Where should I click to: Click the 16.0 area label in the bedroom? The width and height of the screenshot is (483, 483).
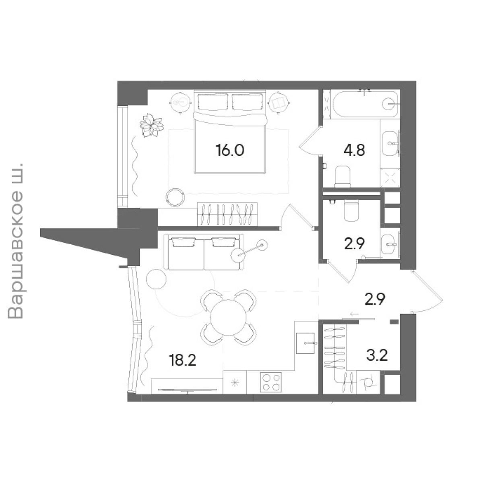pos(230,151)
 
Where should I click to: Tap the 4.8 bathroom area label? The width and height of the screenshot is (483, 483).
pos(355,151)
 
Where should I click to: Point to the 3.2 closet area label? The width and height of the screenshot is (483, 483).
pos(377,355)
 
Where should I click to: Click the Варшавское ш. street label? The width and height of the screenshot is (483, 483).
pos(16,241)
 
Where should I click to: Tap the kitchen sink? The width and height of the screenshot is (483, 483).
pos(305,343)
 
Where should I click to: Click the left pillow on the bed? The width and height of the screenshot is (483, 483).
pos(213,102)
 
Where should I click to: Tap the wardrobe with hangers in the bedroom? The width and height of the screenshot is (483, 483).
pos(227,214)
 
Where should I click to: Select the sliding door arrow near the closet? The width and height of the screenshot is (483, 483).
pos(355,314)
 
